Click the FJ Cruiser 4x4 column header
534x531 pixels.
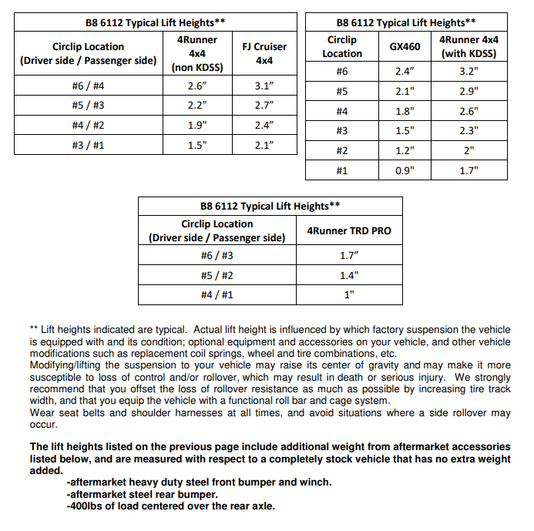(264, 53)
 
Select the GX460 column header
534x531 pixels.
(405, 46)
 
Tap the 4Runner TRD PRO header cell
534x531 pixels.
(349, 230)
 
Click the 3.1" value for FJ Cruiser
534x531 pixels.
(264, 86)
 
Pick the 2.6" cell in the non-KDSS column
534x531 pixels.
(196, 86)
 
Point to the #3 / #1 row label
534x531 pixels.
(88, 144)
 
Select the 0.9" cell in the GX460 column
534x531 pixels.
(405, 170)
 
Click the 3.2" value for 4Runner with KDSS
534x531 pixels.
(469, 71)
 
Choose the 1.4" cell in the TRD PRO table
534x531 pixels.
(349, 274)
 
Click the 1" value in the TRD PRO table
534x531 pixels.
(349, 294)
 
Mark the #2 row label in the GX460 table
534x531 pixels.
(342, 150)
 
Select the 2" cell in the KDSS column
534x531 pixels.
(469, 150)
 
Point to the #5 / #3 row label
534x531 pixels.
(88, 105)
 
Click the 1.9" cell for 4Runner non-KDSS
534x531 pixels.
(196, 125)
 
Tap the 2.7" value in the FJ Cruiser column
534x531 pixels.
(264, 105)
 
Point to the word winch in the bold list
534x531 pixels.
(314, 482)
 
